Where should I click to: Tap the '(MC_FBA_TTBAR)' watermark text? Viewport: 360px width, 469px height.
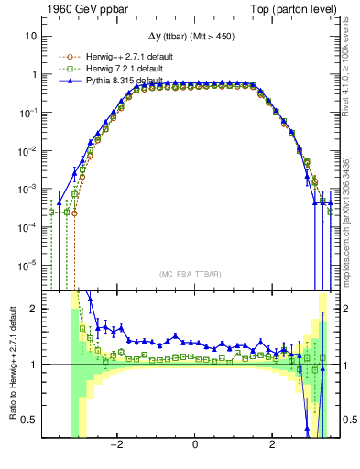tap(195, 274)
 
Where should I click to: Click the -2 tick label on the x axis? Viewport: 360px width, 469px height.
tap(116, 445)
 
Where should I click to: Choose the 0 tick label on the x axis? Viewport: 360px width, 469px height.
tap(195, 445)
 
